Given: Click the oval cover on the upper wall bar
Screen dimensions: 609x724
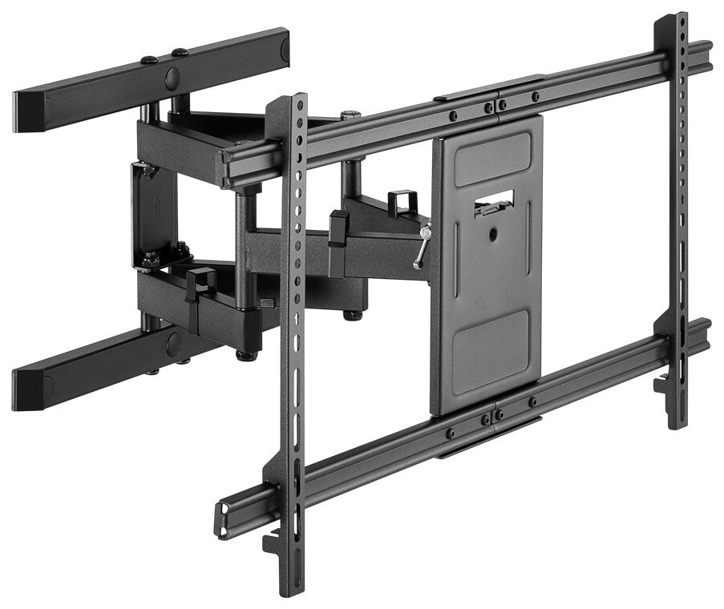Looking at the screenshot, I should (x=172, y=79).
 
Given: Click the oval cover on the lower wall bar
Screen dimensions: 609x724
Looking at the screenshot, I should (x=173, y=344).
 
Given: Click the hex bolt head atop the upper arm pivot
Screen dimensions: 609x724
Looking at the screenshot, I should (x=350, y=115).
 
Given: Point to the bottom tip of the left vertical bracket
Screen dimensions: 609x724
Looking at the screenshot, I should (x=293, y=590).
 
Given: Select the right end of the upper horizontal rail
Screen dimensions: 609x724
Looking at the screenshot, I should (x=706, y=56).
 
